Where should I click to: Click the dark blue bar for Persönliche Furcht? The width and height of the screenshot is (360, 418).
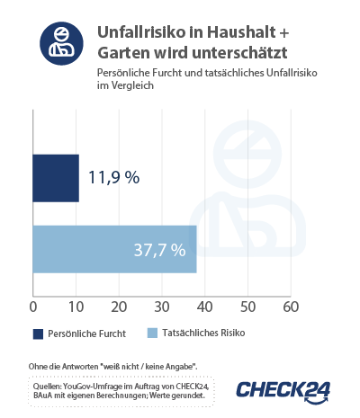56,177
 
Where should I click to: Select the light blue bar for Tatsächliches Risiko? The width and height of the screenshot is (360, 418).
114,248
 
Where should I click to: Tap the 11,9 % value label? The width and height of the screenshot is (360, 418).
113,177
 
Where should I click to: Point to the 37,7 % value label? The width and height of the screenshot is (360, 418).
160,248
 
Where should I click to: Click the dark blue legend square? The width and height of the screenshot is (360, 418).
39,334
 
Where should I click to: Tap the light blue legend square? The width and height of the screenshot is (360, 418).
152,334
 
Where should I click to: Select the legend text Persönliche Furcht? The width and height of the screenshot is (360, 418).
87,334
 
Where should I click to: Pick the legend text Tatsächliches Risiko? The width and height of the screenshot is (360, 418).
202,334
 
